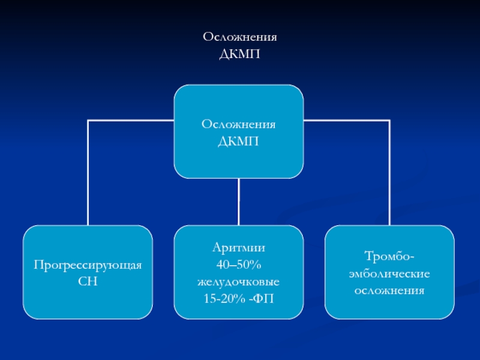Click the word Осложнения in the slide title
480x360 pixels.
point(239,37)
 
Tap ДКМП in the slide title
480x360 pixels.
point(239,54)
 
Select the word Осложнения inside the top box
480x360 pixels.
point(238,124)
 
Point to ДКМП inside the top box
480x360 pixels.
point(238,142)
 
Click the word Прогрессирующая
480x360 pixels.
point(88,265)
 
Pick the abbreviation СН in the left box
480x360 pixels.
point(88,281)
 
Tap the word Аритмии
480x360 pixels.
point(238,248)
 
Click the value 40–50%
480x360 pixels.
point(238,265)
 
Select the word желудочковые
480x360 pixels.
point(238,281)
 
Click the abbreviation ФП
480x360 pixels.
point(263,298)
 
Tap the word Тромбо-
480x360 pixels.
point(389,256)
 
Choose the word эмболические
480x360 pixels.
point(389,274)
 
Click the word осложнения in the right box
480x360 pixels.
point(389,290)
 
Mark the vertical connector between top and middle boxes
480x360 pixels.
point(238,202)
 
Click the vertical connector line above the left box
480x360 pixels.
point(88,173)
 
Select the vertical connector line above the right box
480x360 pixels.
point(389,173)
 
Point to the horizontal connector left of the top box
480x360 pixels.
point(131,121)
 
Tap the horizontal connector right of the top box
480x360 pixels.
point(347,121)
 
